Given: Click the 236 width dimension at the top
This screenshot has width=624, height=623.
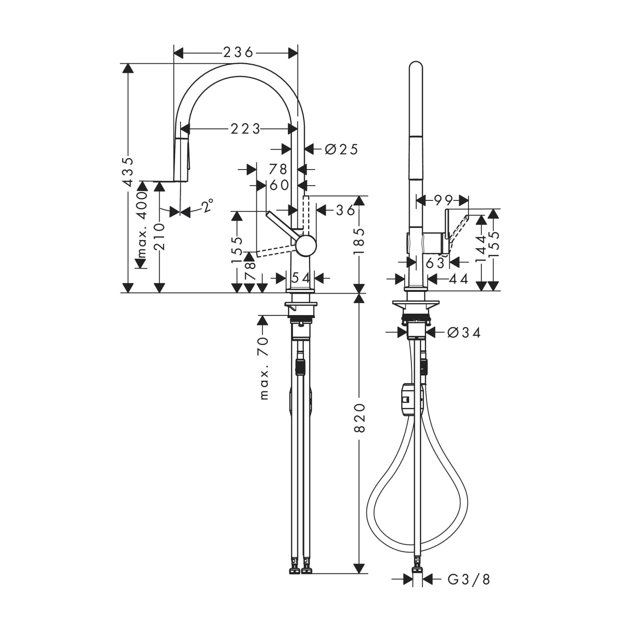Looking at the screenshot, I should (x=238, y=53).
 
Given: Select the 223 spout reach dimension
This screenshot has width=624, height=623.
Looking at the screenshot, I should (x=245, y=129).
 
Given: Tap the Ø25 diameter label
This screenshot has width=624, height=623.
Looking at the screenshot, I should (x=341, y=149).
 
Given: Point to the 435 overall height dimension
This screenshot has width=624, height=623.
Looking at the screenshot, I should (x=128, y=172).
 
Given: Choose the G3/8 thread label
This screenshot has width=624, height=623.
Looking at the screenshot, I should (x=468, y=579).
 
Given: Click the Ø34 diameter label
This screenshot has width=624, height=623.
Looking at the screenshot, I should (x=464, y=332).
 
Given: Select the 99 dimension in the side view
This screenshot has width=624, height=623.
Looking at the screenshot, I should (x=443, y=200).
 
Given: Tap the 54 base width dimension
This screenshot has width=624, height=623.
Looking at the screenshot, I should (x=301, y=278).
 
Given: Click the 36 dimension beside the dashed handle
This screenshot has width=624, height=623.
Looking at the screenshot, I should (x=345, y=209).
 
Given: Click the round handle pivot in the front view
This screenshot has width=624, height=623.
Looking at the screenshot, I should (x=306, y=246).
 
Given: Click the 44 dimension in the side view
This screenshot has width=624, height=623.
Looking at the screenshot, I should (x=458, y=279).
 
